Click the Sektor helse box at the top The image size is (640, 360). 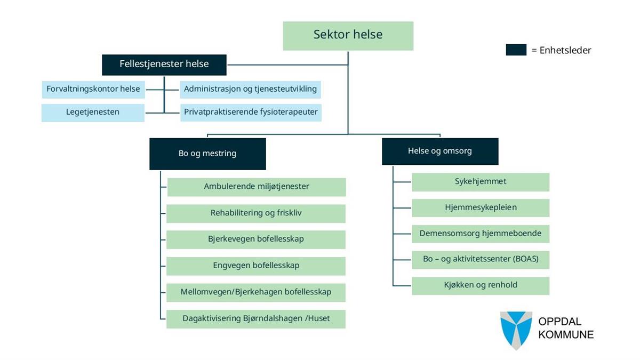pyautogui.click(x=348, y=35)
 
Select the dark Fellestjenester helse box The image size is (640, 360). pyautogui.click(x=164, y=65)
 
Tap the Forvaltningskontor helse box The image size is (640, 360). pyautogui.click(x=93, y=89)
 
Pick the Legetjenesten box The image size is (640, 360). pyautogui.click(x=93, y=113)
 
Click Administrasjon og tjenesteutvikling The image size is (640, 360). pyautogui.click(x=251, y=89)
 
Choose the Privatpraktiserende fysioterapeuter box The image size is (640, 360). pyautogui.click(x=251, y=113)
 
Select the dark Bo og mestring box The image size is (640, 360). pyautogui.click(x=207, y=154)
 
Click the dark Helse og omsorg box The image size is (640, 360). pyautogui.click(x=440, y=151)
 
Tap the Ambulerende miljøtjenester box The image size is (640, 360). pyautogui.click(x=257, y=187)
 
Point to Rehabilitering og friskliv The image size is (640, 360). pyautogui.click(x=257, y=213)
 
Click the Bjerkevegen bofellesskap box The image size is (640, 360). pyautogui.click(x=256, y=239)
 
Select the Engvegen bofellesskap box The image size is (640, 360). pyautogui.click(x=256, y=266)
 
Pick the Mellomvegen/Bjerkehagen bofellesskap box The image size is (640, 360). pyautogui.click(x=256, y=292)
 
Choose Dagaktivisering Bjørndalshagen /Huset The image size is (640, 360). pyautogui.click(x=256, y=319)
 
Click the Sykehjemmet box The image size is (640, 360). pyautogui.click(x=481, y=182)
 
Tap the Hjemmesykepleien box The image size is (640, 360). pyautogui.click(x=481, y=208)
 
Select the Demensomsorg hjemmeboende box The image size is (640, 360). pyautogui.click(x=481, y=234)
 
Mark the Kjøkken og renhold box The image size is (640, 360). pyautogui.click(x=481, y=285)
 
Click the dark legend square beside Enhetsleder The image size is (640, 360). pyautogui.click(x=516, y=50)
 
